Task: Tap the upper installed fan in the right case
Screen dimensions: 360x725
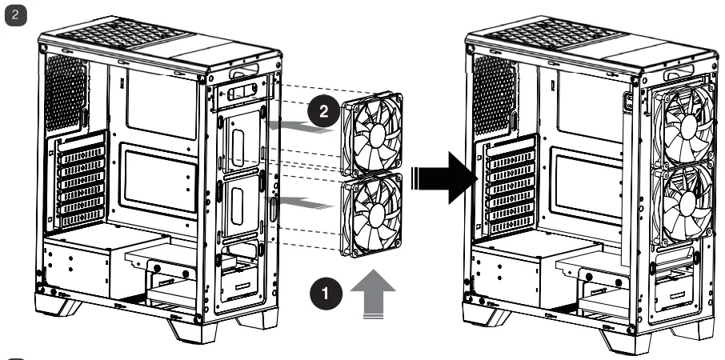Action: [683, 122]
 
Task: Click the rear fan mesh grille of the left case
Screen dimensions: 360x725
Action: [69, 91]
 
